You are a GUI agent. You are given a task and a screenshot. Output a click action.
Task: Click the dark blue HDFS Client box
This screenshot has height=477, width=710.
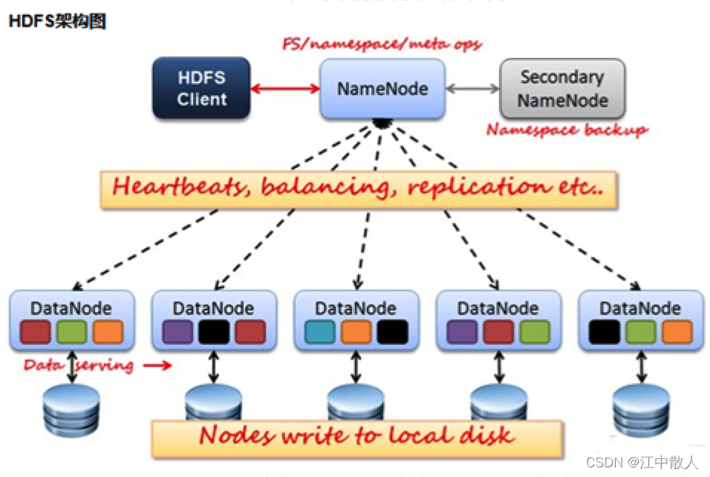point(201,88)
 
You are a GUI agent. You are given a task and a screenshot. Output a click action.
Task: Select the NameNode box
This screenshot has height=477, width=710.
point(382,89)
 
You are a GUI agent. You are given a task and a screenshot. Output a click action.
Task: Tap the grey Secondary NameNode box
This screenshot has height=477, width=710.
point(562,88)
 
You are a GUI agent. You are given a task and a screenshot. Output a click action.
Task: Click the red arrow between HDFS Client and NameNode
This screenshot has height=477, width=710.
point(284,89)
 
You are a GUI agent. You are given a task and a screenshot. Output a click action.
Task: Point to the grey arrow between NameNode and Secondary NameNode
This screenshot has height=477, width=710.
point(472,89)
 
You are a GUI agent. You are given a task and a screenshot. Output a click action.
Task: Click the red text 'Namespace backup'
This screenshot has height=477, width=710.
point(567,130)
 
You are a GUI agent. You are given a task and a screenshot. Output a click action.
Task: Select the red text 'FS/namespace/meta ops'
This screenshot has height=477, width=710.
point(382,45)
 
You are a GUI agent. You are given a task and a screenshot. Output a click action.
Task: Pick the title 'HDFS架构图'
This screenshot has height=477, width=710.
point(56,22)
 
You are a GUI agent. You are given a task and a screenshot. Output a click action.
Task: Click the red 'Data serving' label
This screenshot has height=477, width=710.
point(79,366)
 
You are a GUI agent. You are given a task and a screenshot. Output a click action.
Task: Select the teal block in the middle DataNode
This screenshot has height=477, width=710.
point(320,331)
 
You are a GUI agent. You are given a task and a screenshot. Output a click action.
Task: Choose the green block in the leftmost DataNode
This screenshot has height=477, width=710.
point(71,331)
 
